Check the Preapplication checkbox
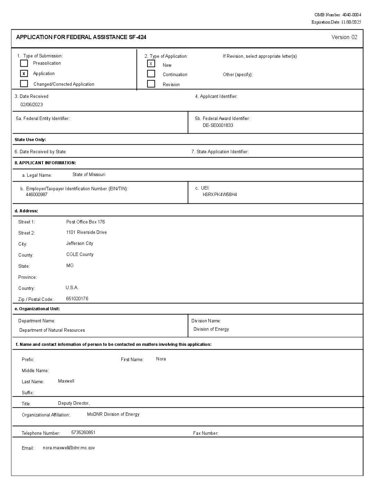point(24,63)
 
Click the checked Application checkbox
point(24,73)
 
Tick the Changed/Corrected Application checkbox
point(24,84)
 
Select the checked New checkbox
point(151,64)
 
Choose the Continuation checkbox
point(151,74)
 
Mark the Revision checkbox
point(151,84)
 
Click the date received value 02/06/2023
point(31,104)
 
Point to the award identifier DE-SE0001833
point(218,125)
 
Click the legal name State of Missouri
point(89,175)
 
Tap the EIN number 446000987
point(37,194)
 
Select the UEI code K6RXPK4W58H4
point(220,194)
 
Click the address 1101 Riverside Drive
point(86,232)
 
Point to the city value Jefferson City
point(79,243)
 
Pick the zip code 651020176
point(77,299)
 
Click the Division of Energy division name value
point(211,329)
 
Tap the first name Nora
point(161,359)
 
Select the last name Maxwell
point(66,381)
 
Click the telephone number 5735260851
point(83,433)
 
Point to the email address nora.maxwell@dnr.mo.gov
point(69,448)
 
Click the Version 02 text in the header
point(344,37)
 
